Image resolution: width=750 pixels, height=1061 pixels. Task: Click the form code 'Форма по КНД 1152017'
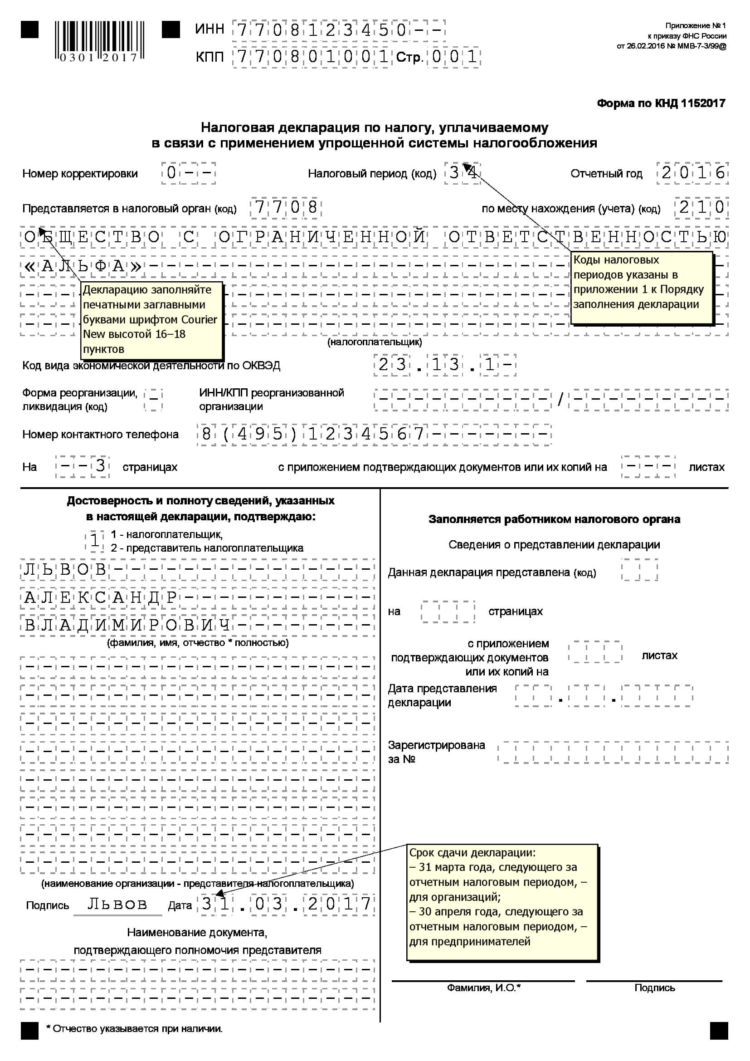(x=660, y=103)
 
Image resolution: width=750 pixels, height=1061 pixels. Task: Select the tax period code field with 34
(x=462, y=173)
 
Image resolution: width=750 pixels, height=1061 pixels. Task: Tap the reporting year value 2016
(x=692, y=173)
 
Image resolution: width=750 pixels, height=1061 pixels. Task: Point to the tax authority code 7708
(x=286, y=208)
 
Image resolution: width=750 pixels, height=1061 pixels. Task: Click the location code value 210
(x=701, y=207)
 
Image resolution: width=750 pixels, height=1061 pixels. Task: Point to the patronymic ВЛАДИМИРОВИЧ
(x=127, y=626)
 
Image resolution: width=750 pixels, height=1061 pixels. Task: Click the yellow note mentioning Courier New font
(x=151, y=320)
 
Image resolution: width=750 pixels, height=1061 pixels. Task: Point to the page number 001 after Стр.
(x=454, y=57)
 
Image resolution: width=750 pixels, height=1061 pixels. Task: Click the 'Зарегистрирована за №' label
(x=436, y=752)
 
